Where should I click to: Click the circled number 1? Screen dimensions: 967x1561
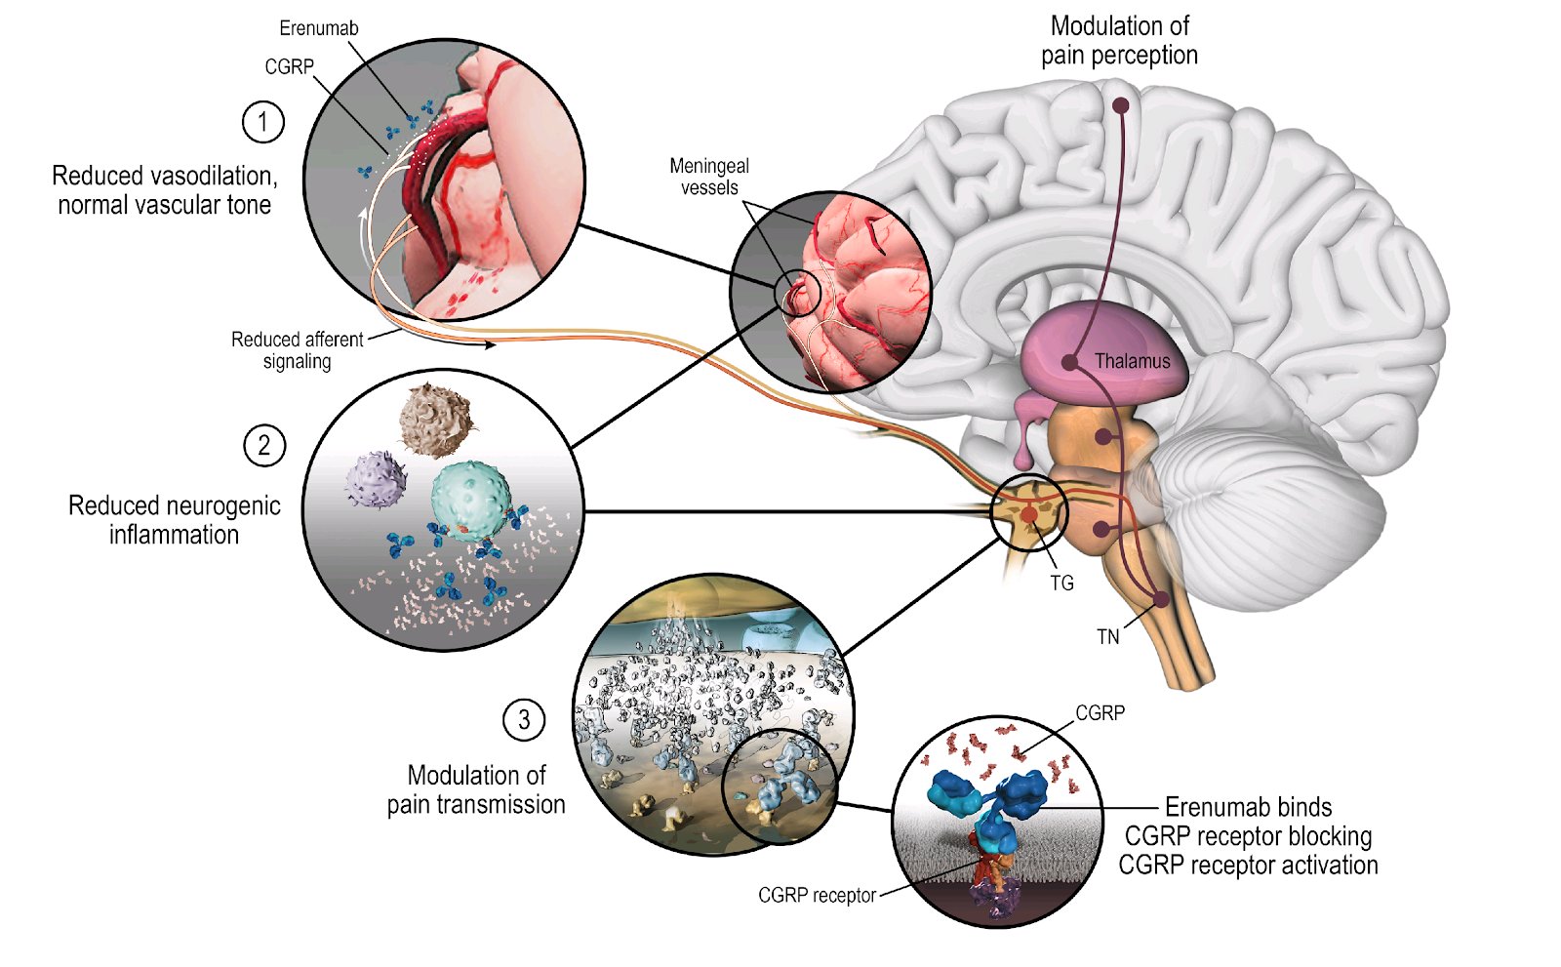point(262,122)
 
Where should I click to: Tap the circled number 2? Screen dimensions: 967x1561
point(263,445)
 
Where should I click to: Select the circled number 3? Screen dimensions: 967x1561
point(524,720)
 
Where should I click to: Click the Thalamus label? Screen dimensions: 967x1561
point(1132,361)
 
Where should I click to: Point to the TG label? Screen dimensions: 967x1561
point(1061,583)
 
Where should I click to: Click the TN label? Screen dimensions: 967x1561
point(1107,637)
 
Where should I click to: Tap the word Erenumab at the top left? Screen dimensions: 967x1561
point(318,28)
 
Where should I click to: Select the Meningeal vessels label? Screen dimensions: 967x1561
point(709,177)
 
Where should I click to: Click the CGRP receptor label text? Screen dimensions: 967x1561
point(817,896)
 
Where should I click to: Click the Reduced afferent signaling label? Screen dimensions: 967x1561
point(297,350)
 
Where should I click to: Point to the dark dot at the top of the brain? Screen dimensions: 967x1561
point(1121,104)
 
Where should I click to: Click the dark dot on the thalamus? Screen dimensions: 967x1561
point(1070,362)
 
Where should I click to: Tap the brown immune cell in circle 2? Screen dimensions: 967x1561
point(435,419)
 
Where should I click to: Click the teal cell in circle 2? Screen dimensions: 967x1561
point(470,498)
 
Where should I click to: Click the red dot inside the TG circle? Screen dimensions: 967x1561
point(1029,514)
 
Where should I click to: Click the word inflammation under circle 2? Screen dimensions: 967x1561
point(174,535)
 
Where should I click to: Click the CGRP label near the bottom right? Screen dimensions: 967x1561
point(1100,713)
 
